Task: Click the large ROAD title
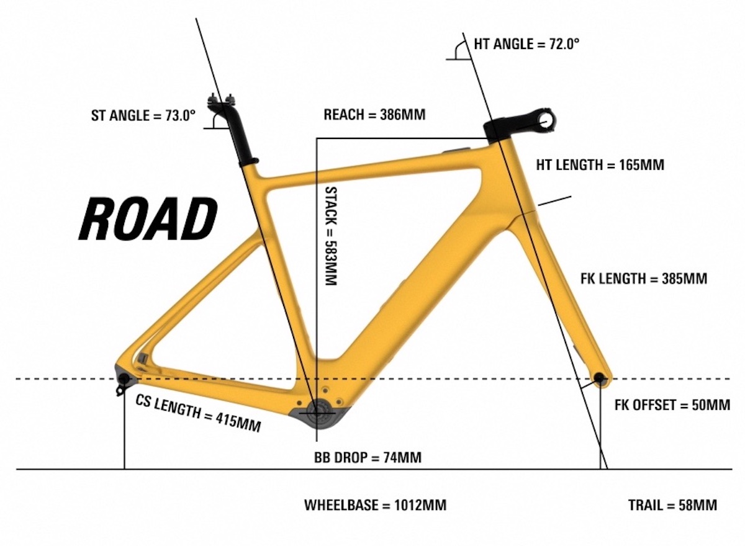pyautogui.click(x=148, y=219)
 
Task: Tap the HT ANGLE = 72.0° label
pyautogui.click(x=526, y=44)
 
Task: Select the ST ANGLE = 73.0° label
pyautogui.click(x=143, y=115)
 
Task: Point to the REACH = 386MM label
pyautogui.click(x=374, y=115)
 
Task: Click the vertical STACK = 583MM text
pyautogui.click(x=331, y=236)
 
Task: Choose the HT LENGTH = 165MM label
pyautogui.click(x=600, y=165)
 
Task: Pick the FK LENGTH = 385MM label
pyautogui.click(x=644, y=279)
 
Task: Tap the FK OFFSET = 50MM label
pyautogui.click(x=672, y=405)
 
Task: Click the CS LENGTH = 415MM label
pyautogui.click(x=198, y=414)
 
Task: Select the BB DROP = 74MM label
pyautogui.click(x=368, y=457)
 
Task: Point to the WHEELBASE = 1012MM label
pyautogui.click(x=375, y=505)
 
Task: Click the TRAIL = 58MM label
pyautogui.click(x=672, y=505)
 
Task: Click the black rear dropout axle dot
pyautogui.click(x=123, y=378)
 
